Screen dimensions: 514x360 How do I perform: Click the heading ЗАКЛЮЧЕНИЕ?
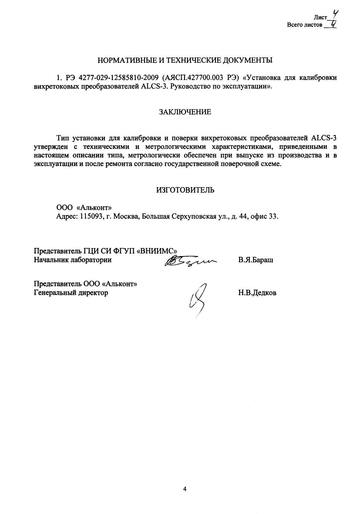coord(185,112)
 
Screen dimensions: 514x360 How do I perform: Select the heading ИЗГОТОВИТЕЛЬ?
coord(185,190)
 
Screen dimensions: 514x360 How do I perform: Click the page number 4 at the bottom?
coord(185,489)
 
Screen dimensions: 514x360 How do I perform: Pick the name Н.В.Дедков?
coord(257,293)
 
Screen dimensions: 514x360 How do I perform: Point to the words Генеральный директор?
coord(71,293)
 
